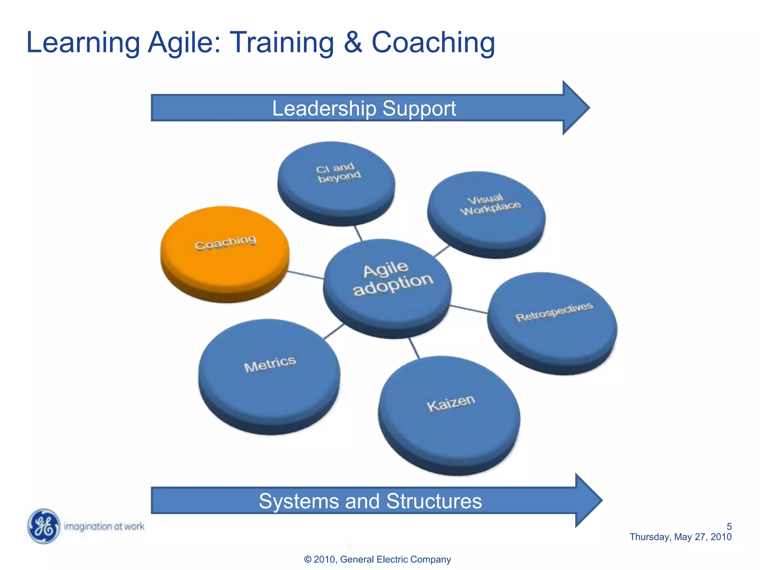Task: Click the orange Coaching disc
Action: point(225,252)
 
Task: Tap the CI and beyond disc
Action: point(336,182)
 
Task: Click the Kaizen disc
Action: point(449,412)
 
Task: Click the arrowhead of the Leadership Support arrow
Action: point(575,108)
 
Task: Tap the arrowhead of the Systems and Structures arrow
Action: point(588,500)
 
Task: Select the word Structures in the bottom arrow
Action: point(434,501)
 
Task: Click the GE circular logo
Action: point(44,526)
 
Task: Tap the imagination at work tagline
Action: point(104,526)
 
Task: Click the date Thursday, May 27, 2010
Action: point(680,537)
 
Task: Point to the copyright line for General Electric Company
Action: point(377,559)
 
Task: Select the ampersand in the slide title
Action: point(353,42)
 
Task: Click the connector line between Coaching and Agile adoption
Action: point(305,275)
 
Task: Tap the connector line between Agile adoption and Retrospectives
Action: point(469,309)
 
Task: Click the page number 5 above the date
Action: point(729,527)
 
